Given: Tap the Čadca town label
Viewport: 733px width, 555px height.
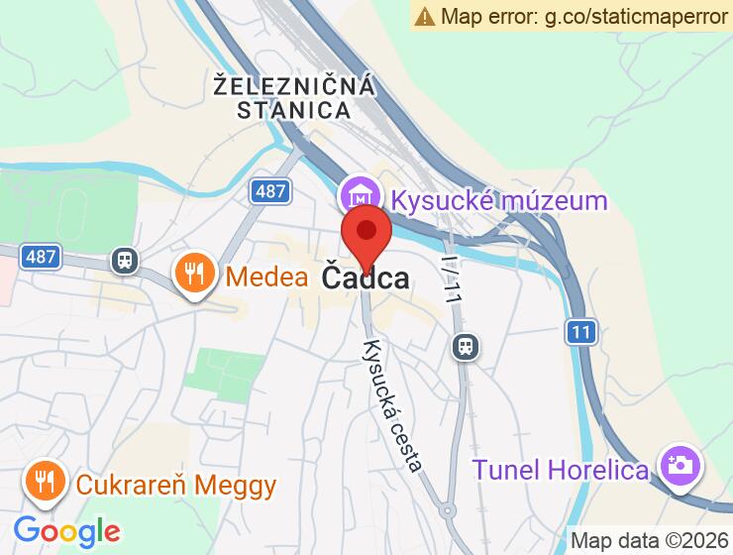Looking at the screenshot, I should [366, 277].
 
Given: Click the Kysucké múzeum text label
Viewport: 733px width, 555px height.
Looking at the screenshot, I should [499, 200].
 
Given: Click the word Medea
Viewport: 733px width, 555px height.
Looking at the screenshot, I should [267, 277].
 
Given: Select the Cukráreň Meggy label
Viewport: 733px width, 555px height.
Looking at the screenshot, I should [176, 487].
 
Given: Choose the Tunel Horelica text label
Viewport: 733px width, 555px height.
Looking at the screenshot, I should [561, 469].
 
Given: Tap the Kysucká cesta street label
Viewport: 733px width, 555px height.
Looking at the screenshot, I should [393, 406].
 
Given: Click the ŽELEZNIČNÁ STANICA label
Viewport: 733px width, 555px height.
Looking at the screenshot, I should [295, 97].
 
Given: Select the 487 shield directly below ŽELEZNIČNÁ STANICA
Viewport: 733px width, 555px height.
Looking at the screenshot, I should [269, 191].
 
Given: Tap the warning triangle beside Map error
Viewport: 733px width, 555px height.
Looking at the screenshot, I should [425, 16].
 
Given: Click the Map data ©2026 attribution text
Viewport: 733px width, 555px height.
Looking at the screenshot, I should [650, 541].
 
